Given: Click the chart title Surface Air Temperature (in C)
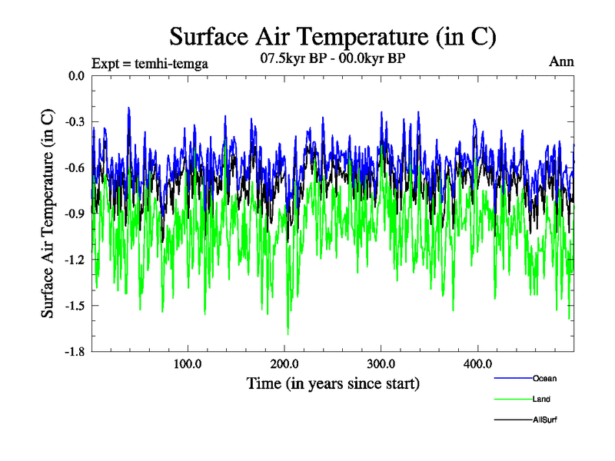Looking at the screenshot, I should [x=332, y=36].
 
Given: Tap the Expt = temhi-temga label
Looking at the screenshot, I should [x=149, y=63].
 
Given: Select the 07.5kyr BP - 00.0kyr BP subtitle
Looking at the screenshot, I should [x=333, y=58].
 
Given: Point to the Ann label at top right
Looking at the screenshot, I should [x=561, y=62].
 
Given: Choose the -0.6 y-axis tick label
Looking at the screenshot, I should [x=75, y=167].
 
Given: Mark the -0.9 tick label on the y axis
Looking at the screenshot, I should [x=75, y=214].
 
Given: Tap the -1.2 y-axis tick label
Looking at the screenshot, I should [x=75, y=260].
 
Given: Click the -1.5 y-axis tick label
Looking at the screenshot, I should [x=75, y=306].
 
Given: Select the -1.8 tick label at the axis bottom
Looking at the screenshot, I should [x=75, y=352].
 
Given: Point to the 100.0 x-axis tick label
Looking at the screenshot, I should [x=188, y=363].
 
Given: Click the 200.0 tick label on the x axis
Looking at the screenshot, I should [x=284, y=363].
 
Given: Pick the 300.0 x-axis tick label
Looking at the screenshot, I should [x=381, y=363].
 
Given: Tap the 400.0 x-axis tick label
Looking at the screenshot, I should [x=478, y=363].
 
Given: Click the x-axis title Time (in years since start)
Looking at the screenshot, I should [x=333, y=383].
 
